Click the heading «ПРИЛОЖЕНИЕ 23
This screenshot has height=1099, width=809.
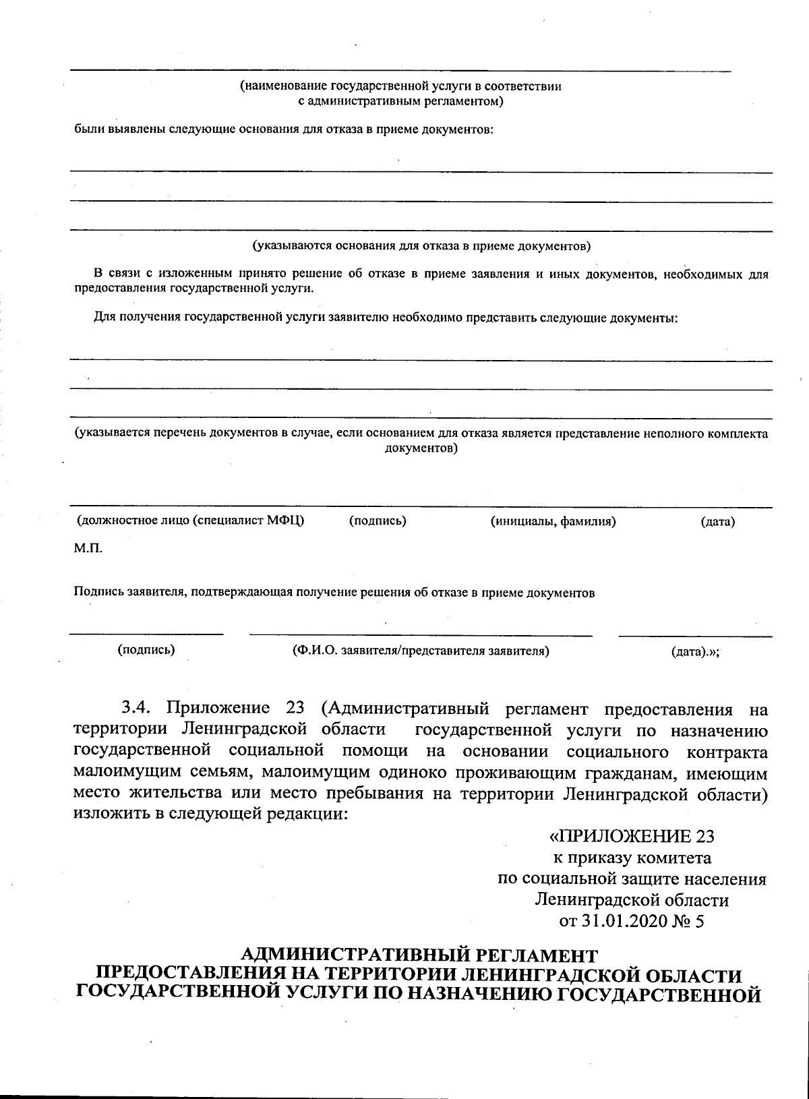click(632, 837)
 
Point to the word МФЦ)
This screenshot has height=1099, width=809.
click(285, 521)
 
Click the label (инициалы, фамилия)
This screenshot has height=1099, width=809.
click(553, 521)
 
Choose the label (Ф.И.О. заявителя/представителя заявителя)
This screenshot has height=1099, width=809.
click(421, 651)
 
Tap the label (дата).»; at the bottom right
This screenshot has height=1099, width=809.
click(695, 652)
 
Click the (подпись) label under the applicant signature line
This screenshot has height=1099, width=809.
click(146, 651)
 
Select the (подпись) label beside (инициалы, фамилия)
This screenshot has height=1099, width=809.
click(378, 521)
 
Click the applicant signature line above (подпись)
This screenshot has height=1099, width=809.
click(146, 634)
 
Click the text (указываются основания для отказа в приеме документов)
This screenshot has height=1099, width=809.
click(421, 245)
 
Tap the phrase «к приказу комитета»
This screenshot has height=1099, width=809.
click(632, 858)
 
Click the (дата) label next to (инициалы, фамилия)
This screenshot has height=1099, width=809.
click(717, 521)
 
